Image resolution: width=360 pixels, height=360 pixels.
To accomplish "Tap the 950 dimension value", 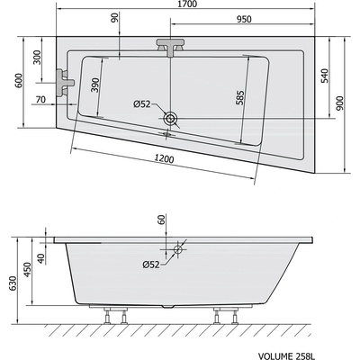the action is coord(244,20).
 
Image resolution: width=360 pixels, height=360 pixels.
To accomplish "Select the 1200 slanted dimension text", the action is coord(165,158).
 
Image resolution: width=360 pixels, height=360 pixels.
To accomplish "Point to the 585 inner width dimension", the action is coord(240,97).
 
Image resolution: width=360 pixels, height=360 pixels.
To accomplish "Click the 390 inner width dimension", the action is coord(95,85).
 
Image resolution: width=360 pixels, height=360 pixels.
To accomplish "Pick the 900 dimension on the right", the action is coord(340,103).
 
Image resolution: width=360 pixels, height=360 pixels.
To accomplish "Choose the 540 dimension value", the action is coord(325,76).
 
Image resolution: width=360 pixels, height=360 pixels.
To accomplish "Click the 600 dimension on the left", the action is coord(19,80).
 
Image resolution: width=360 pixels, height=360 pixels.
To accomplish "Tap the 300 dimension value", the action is coord(37,58).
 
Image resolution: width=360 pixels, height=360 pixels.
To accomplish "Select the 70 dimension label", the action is coord(40,99).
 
